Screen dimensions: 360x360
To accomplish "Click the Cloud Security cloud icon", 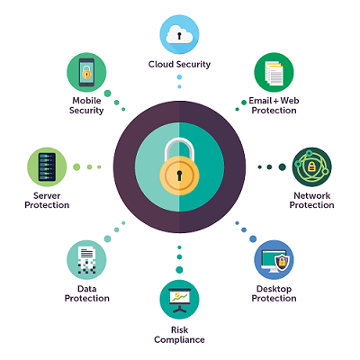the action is point(179,35).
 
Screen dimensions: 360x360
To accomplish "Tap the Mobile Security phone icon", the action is point(86,72).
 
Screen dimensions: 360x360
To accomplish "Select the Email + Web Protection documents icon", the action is point(274,72).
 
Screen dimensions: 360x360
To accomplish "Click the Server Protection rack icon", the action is point(47,166).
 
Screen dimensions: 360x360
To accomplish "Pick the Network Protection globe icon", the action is point(312,166).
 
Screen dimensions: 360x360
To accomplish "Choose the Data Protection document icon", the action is point(86,260).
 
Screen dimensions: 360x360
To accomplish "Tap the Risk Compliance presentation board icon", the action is point(179,300).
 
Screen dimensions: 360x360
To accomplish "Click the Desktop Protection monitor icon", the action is point(274,260).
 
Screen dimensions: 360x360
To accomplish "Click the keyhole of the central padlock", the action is point(179,175).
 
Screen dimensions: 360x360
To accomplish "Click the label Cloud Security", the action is point(179,65).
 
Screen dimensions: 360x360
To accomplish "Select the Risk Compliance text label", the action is point(179,335).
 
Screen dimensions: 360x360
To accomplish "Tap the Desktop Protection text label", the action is point(274,293).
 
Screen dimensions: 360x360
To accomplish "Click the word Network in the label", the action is point(312,195).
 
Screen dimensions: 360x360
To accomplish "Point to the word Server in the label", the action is point(47,195).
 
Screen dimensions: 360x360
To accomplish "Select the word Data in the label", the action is point(86,289).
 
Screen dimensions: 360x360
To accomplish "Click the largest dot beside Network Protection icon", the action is point(282,166).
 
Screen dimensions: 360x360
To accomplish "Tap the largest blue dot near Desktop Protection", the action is point(253,238).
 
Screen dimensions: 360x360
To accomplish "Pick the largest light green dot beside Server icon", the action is point(76,166).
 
